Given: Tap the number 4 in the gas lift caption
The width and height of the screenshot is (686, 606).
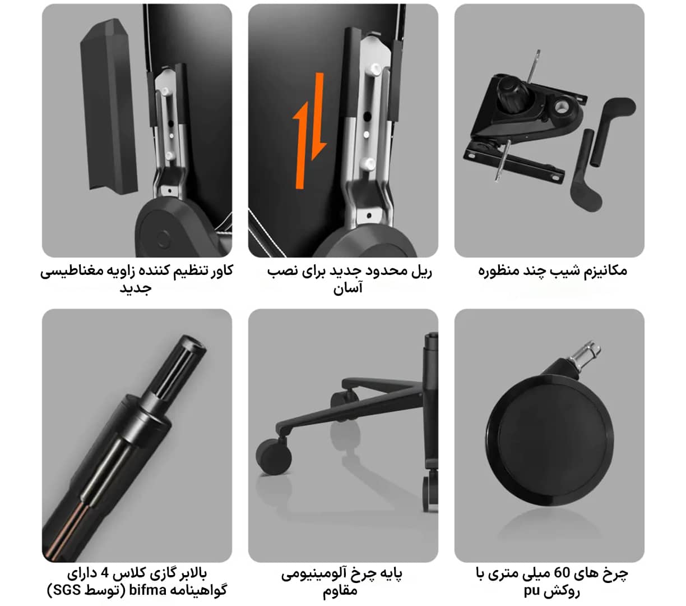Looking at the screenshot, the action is (x=105, y=573).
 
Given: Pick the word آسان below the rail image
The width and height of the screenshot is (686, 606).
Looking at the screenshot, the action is (x=348, y=288).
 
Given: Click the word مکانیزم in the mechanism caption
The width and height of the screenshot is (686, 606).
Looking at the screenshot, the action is (x=605, y=270).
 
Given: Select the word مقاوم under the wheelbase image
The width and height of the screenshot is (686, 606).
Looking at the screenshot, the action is (x=340, y=591).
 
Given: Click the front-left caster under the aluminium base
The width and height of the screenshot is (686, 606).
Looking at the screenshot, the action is (x=274, y=456).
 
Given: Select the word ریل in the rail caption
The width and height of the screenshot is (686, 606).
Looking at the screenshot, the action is (x=421, y=271).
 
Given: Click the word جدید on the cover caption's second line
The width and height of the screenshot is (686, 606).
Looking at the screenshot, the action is (x=136, y=288).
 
